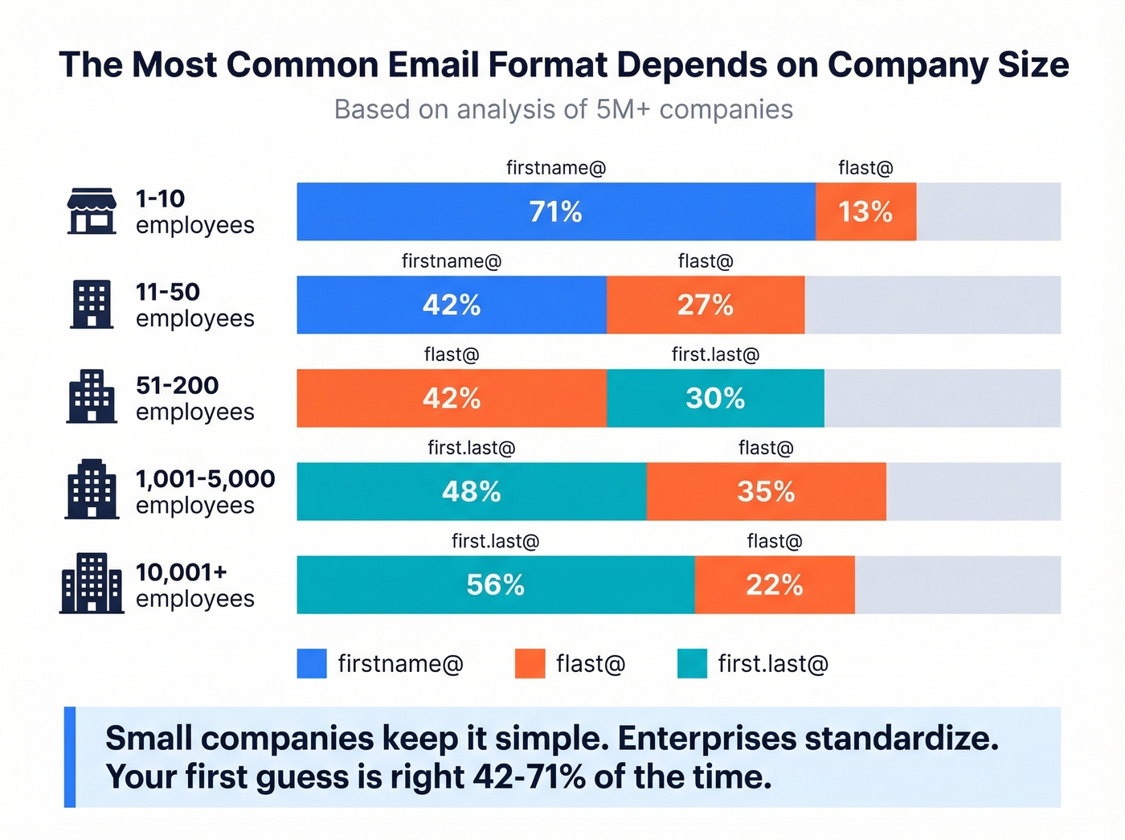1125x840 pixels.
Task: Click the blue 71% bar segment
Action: [x=555, y=211]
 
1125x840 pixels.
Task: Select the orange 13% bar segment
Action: [x=865, y=211]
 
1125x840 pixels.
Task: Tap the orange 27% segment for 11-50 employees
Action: [x=705, y=305]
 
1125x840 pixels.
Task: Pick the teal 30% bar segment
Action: [x=715, y=398]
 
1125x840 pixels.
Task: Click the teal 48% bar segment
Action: [x=471, y=491]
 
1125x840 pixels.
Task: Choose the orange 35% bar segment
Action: [x=766, y=491]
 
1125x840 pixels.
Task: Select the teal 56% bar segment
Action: [x=495, y=584]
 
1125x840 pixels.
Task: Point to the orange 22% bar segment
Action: [x=774, y=584]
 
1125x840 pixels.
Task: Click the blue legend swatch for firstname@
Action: [x=312, y=663]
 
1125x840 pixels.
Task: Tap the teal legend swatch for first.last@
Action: [x=692, y=663]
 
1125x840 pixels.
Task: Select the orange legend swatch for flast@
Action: [x=530, y=663]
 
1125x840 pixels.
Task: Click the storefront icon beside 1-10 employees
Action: [x=91, y=211]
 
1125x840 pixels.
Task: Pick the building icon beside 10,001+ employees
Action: [x=92, y=584]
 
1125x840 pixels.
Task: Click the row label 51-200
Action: [x=177, y=385]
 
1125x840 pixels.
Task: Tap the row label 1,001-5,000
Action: [x=205, y=478]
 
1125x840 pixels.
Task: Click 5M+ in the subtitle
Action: [x=623, y=109]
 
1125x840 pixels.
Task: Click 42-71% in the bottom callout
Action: [x=529, y=776]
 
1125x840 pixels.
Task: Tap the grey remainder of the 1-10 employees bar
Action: [x=988, y=211]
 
